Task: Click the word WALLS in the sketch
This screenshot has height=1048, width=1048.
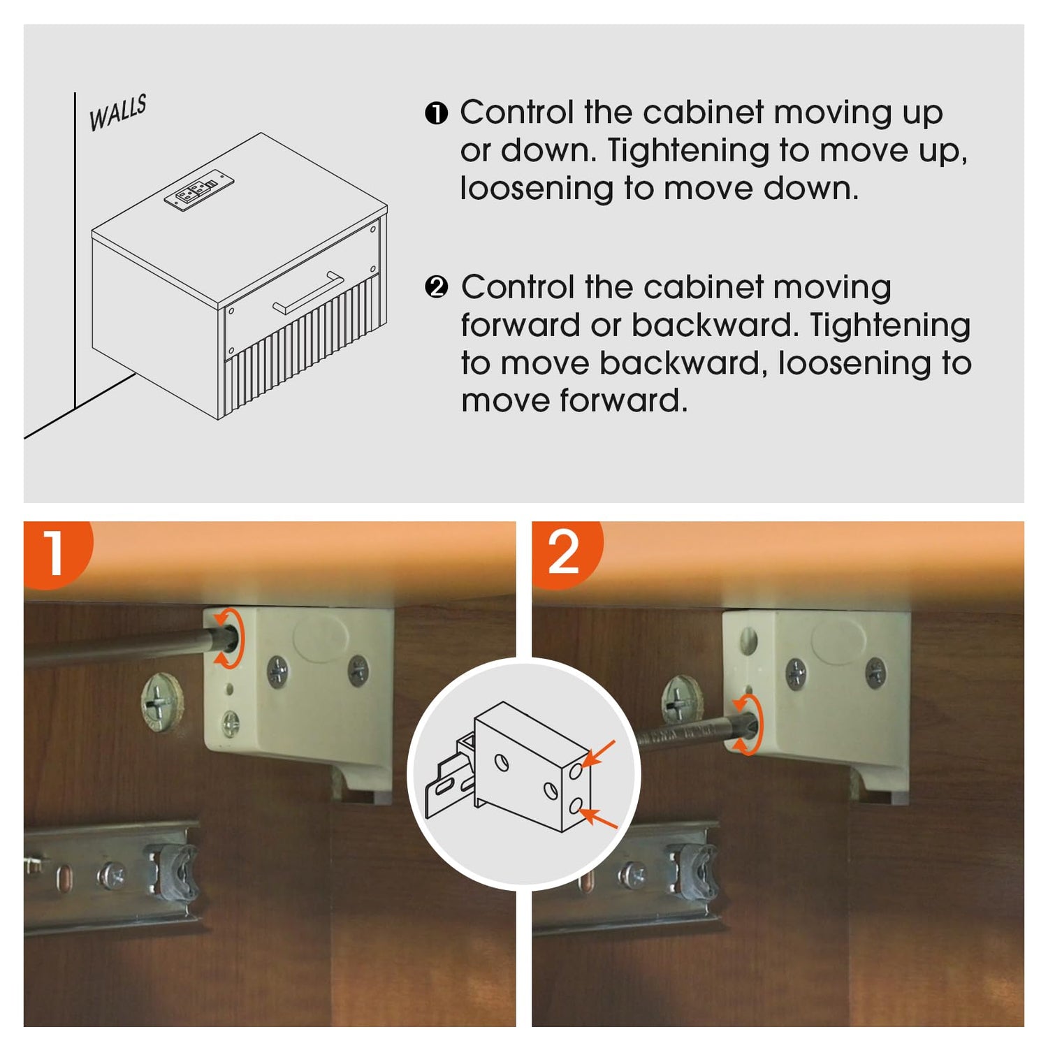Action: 117,112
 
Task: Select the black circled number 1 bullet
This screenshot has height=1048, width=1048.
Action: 436,113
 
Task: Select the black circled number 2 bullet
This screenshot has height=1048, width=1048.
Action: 436,287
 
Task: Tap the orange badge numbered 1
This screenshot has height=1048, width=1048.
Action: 56,553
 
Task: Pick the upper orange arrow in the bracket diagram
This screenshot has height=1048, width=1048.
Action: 598,754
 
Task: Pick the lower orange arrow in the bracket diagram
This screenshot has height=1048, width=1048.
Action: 599,818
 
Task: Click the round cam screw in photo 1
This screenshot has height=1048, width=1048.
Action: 161,701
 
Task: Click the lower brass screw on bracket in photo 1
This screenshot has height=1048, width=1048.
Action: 230,724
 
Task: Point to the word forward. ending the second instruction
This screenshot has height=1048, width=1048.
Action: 574,401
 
